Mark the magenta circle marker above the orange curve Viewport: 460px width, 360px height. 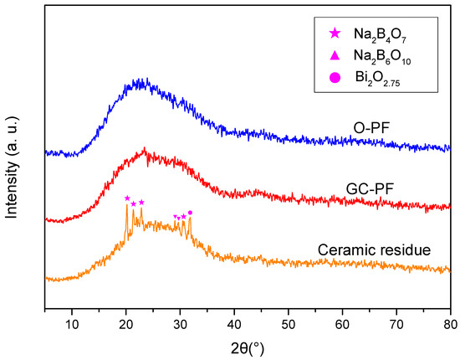pyautogui.click(x=190, y=213)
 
